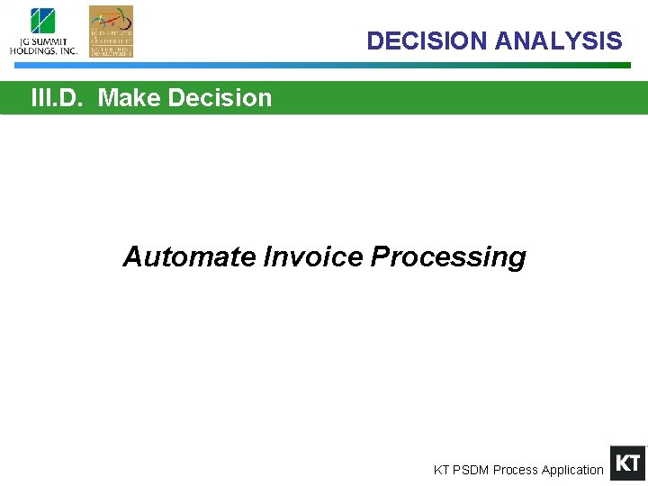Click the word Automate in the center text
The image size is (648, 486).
point(190,257)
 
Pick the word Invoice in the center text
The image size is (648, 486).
point(313,257)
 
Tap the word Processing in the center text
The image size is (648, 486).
point(448,257)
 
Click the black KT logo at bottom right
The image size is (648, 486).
point(627,463)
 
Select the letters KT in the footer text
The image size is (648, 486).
point(441,470)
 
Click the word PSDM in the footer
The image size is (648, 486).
point(469,470)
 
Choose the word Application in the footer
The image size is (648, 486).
point(572,470)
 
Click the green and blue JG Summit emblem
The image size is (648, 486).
point(42,22)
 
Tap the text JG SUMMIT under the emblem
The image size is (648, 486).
point(42,41)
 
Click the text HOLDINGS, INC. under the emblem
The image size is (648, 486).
point(43,51)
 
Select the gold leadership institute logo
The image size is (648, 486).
point(111,31)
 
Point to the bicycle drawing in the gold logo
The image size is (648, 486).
point(111,19)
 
